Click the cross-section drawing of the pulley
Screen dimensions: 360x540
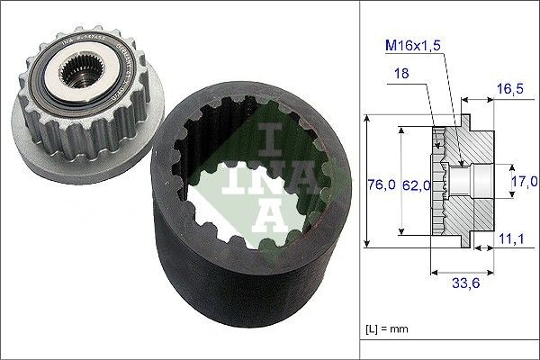[463, 180]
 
